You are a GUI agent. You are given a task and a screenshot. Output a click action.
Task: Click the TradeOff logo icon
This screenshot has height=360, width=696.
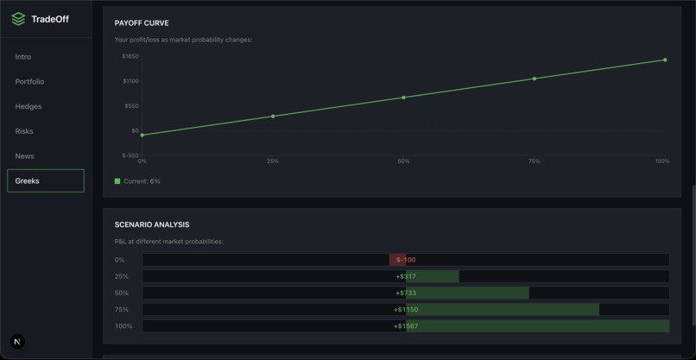(18, 19)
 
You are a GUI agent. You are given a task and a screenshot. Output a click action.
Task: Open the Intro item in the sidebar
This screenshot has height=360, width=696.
(23, 57)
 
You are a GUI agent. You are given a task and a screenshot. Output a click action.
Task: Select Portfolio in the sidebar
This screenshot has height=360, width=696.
(29, 82)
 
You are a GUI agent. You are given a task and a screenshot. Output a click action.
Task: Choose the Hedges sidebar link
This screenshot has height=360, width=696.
(28, 107)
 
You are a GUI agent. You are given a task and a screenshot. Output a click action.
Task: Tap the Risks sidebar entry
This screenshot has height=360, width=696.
(24, 131)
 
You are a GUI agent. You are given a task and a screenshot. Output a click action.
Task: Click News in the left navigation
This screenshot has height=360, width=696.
(24, 156)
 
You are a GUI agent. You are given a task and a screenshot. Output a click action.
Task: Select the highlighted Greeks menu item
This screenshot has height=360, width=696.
(46, 180)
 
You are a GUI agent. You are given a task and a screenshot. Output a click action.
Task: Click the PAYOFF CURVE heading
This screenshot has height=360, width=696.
(142, 23)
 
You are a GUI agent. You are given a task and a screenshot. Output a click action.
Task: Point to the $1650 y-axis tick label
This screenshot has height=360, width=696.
(130, 56)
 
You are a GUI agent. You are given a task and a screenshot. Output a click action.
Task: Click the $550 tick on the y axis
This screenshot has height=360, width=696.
(131, 105)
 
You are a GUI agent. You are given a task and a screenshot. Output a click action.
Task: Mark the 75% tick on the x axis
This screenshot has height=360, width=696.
(534, 161)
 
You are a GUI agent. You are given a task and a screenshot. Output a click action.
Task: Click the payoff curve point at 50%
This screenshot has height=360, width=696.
(403, 98)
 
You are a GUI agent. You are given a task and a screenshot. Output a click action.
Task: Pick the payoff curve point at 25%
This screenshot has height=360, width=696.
(273, 117)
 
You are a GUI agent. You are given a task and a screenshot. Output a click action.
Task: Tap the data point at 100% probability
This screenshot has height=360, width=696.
(665, 60)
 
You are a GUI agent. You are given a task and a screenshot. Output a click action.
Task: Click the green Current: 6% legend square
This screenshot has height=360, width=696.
(117, 181)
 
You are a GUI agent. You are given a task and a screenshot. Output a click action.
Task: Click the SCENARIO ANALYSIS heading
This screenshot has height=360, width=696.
(152, 224)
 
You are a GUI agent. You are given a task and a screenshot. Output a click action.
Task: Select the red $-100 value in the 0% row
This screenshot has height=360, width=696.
(406, 260)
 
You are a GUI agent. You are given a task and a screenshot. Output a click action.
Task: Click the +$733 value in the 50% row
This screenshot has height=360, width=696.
(406, 294)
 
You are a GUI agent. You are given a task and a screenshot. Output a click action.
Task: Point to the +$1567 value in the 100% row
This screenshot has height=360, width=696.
(406, 326)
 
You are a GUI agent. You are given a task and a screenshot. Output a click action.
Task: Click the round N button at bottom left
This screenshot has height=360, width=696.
(17, 342)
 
